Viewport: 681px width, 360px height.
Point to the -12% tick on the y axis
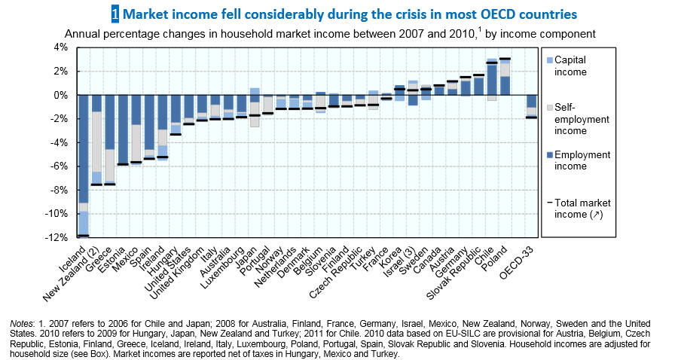tap(57, 238)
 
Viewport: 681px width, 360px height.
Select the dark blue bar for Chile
tap(491, 80)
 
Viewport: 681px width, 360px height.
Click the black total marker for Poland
tap(505, 59)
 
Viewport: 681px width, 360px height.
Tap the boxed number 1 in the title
tap(115, 14)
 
